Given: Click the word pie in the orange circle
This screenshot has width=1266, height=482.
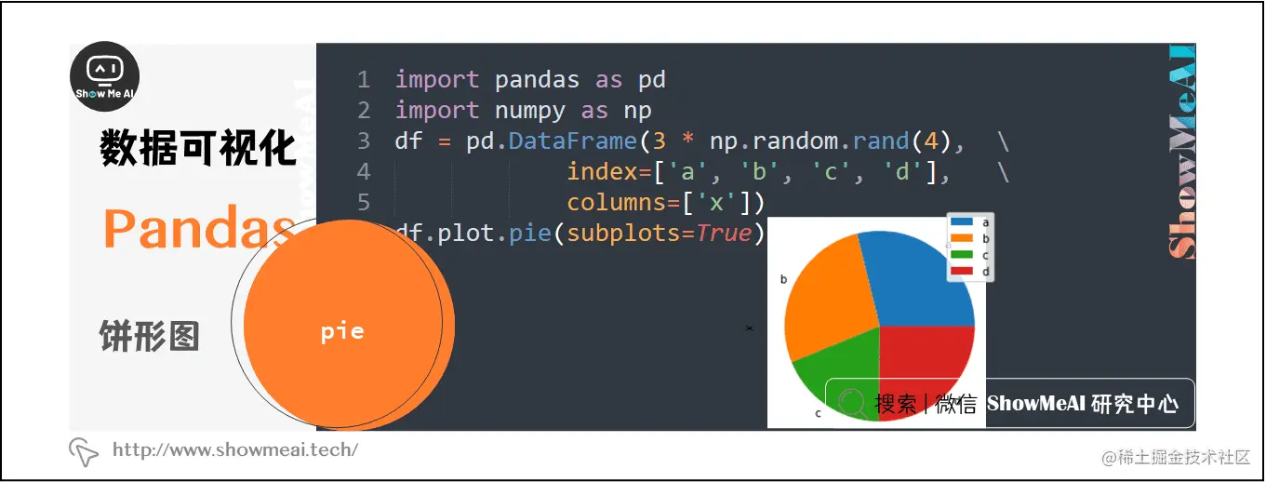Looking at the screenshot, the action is tap(342, 331).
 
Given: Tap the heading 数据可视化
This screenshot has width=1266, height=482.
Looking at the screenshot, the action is tap(198, 149).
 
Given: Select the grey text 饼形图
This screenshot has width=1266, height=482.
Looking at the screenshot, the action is tap(150, 336).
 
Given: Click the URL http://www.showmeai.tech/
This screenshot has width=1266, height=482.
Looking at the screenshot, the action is tap(234, 450).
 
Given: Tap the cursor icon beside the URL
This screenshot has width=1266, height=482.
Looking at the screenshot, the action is tap(84, 451).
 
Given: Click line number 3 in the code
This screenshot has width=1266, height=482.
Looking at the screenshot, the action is tap(363, 141).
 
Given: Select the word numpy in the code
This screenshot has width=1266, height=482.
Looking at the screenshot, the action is tap(529, 111).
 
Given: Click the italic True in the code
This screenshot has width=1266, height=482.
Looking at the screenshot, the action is tap(724, 233).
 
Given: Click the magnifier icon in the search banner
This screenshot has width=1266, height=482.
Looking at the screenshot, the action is tap(851, 403).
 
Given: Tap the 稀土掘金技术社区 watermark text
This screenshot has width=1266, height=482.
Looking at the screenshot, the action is tap(1177, 457).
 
